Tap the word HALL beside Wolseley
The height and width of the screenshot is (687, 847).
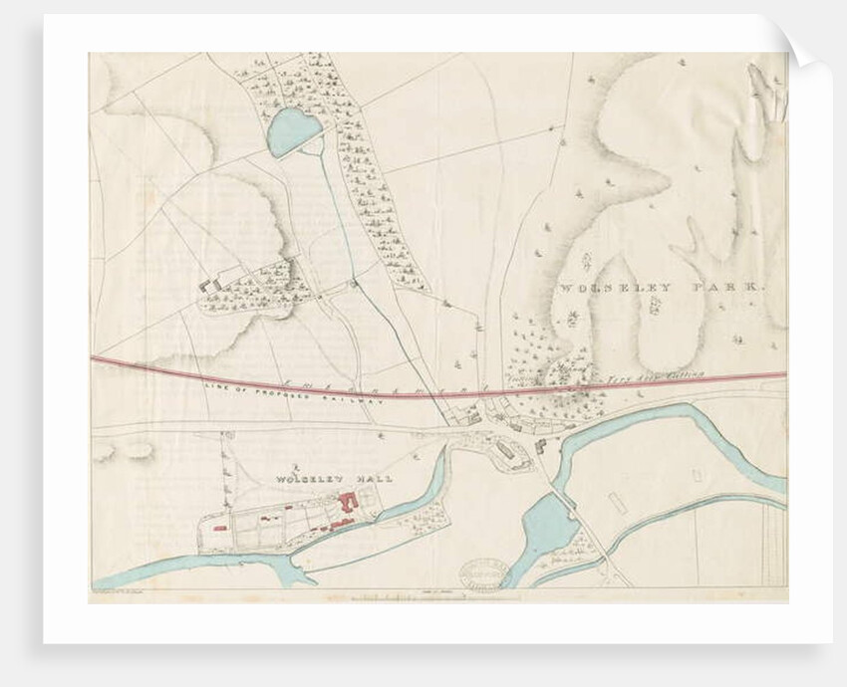[x=377, y=480]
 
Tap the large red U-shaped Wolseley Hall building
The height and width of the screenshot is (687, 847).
[x=349, y=502]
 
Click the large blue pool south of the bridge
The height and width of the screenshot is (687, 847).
[x=546, y=528]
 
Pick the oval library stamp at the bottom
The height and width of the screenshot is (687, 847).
[x=483, y=574]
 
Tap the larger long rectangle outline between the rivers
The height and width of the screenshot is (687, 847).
[x=615, y=501]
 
